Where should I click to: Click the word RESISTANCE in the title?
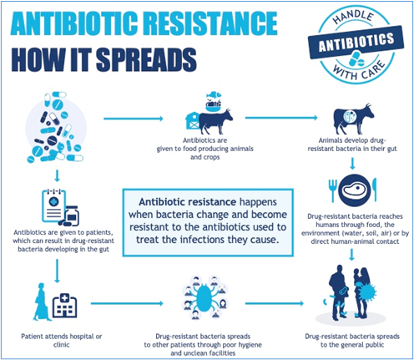[x=211, y=23]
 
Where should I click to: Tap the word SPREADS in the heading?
[x=146, y=59]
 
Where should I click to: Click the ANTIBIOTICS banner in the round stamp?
[x=356, y=43]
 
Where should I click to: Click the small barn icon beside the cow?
[x=192, y=120]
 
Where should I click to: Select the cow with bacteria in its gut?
[x=354, y=119]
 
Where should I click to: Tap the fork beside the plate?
[x=333, y=190]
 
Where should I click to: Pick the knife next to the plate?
[x=375, y=190]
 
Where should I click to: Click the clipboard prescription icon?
[x=54, y=205]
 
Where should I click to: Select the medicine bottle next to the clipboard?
[x=72, y=215]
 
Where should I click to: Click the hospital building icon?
[x=64, y=306]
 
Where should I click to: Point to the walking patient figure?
[x=41, y=302]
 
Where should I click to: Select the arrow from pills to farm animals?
[x=134, y=119]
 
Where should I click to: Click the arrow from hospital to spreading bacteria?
[x=127, y=303]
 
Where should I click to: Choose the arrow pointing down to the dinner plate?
[x=352, y=164]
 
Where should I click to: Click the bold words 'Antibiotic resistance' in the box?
[x=188, y=202]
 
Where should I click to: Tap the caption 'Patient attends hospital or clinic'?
[x=62, y=341]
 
